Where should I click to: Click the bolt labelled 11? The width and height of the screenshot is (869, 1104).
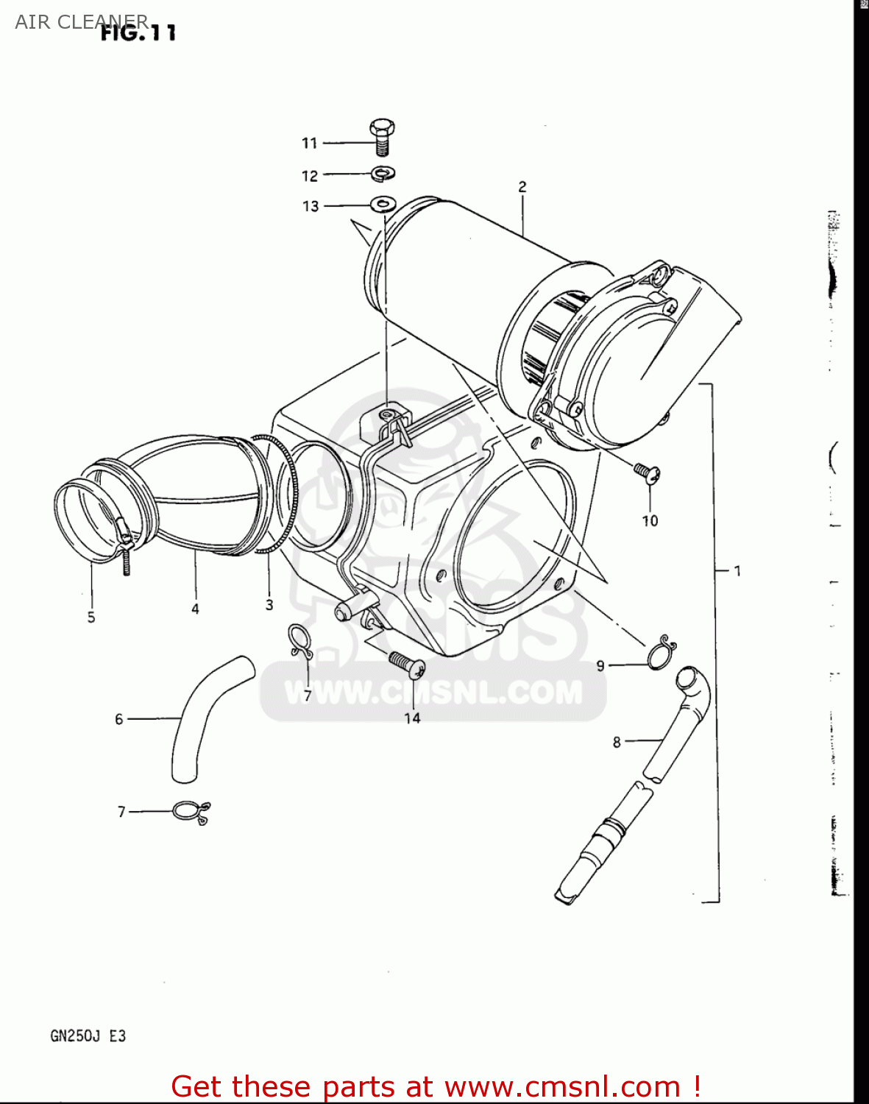[x=382, y=138]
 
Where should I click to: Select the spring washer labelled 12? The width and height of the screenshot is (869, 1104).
[x=383, y=174]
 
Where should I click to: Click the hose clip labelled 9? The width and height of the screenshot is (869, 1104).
[x=661, y=652]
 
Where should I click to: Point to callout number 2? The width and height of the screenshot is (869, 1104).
[x=522, y=187]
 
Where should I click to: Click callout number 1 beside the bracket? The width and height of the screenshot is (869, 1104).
[x=737, y=570]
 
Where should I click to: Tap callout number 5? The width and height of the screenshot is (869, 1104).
[x=91, y=617]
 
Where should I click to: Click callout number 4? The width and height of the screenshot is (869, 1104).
[x=195, y=609]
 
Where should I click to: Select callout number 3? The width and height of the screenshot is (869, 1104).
[x=269, y=604]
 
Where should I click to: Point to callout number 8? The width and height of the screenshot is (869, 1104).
[x=617, y=742]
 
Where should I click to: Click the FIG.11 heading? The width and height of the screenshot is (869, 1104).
[x=138, y=32]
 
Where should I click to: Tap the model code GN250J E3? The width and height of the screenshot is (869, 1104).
[x=88, y=1036]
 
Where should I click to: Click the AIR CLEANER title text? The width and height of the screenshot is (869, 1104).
[x=81, y=21]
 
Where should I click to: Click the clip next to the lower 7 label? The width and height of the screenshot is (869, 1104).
[x=191, y=812]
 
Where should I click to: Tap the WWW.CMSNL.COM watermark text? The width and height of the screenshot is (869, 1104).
[x=433, y=692]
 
